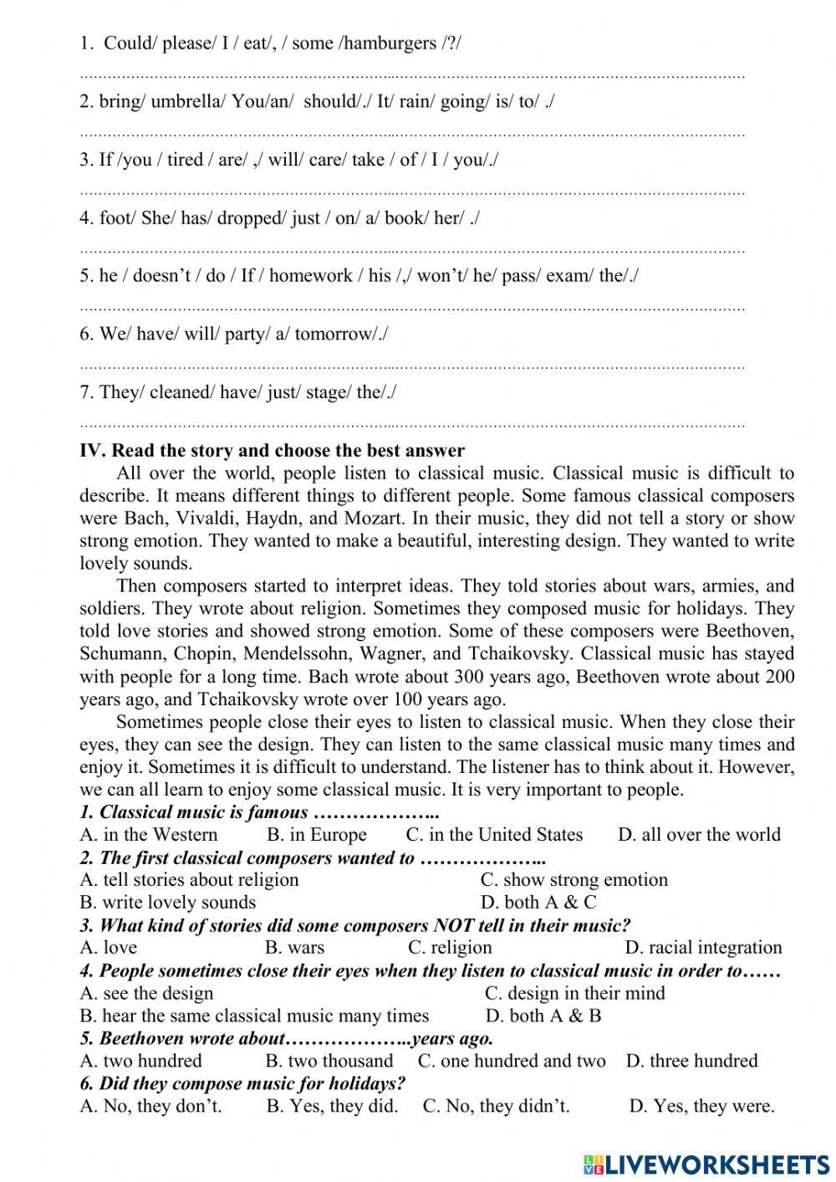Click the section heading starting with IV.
click(272, 451)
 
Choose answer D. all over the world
click(699, 835)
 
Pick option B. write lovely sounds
click(168, 903)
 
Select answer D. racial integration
click(703, 948)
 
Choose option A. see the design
click(147, 994)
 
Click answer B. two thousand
click(329, 1062)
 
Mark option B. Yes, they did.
click(332, 1107)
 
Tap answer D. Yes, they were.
click(701, 1107)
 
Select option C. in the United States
click(494, 835)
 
